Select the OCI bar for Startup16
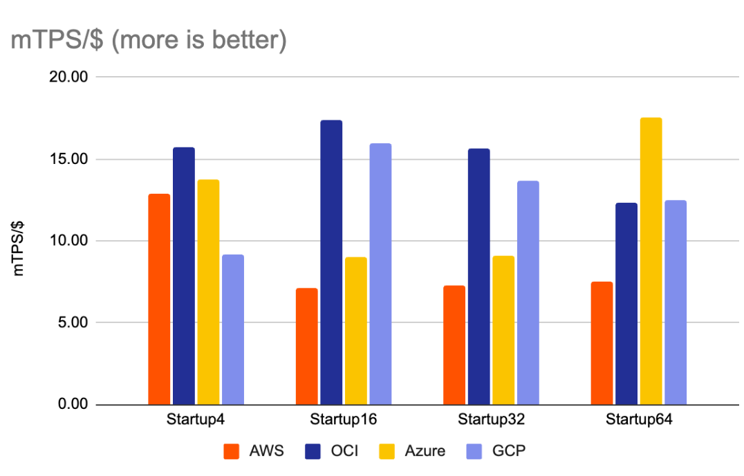tap(331, 262)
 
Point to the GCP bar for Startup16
tap(380, 274)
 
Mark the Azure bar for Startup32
tap(503, 330)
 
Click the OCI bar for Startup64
tap(626, 304)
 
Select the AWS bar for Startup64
tap(602, 343)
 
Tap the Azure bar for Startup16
tap(356, 331)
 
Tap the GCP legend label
tap(509, 451)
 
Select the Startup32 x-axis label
tap(491, 420)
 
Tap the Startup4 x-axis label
tap(196, 420)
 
